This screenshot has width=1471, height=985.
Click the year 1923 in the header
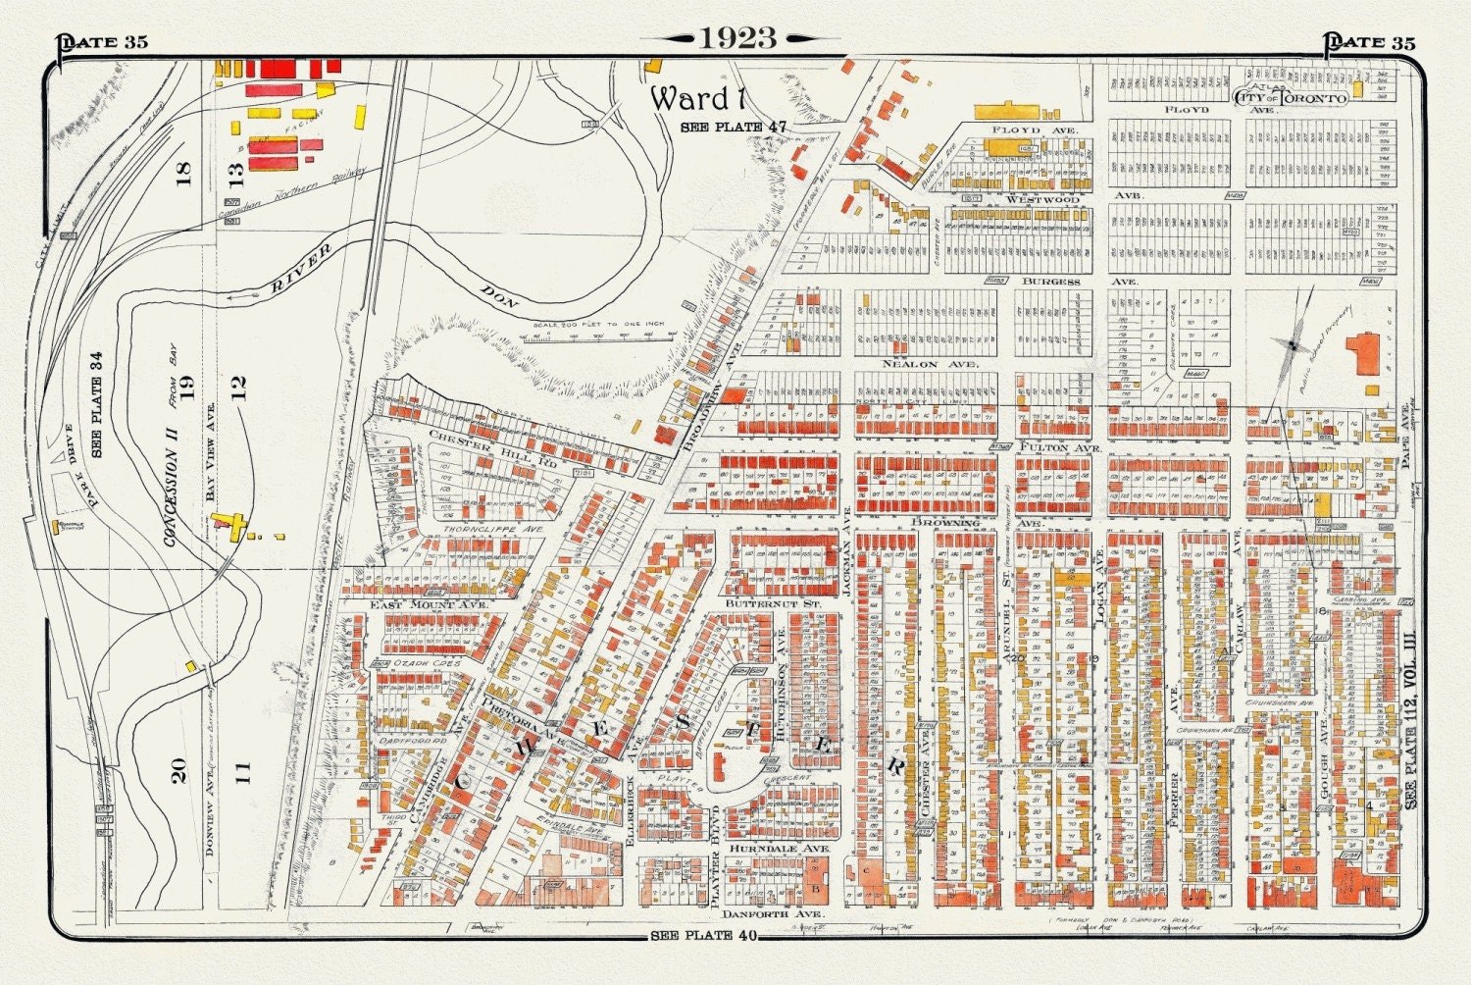pyautogui.click(x=737, y=38)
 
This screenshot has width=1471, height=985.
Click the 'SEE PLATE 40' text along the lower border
pyautogui.click(x=704, y=935)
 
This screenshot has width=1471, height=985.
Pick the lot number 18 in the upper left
pyautogui.click(x=183, y=174)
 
